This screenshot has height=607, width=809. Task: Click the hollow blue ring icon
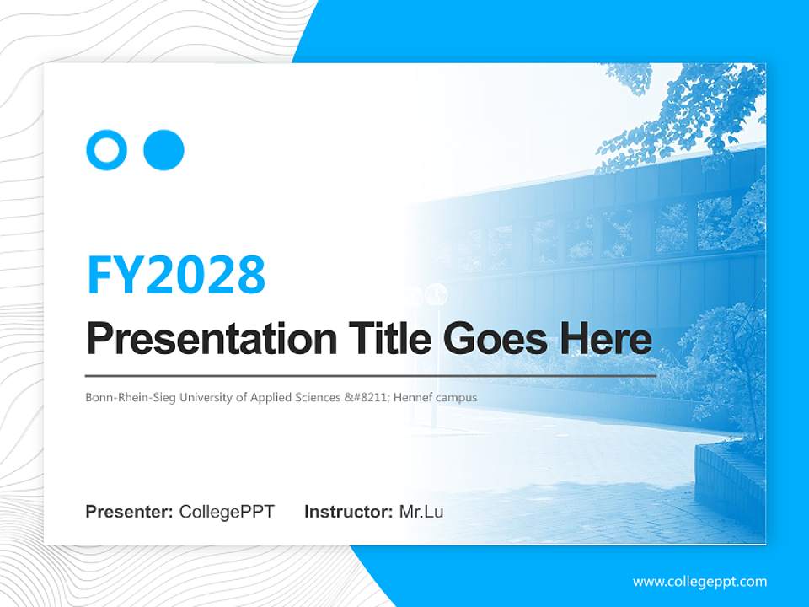coord(94,150)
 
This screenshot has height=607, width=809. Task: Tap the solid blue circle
coord(163,150)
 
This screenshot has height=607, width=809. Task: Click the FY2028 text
coord(176,274)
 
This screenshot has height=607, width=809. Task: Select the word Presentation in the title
coord(212,339)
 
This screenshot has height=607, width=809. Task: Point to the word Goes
coord(495,338)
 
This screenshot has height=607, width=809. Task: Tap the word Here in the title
coord(606,338)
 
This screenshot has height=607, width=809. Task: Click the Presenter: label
coord(129,512)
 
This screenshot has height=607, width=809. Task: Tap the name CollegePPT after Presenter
coord(227,512)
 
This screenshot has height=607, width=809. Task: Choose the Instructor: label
coord(349,512)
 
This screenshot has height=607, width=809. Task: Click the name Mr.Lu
coord(421,512)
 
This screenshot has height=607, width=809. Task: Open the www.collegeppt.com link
coord(699,582)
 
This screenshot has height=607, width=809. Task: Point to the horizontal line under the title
coord(371,376)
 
